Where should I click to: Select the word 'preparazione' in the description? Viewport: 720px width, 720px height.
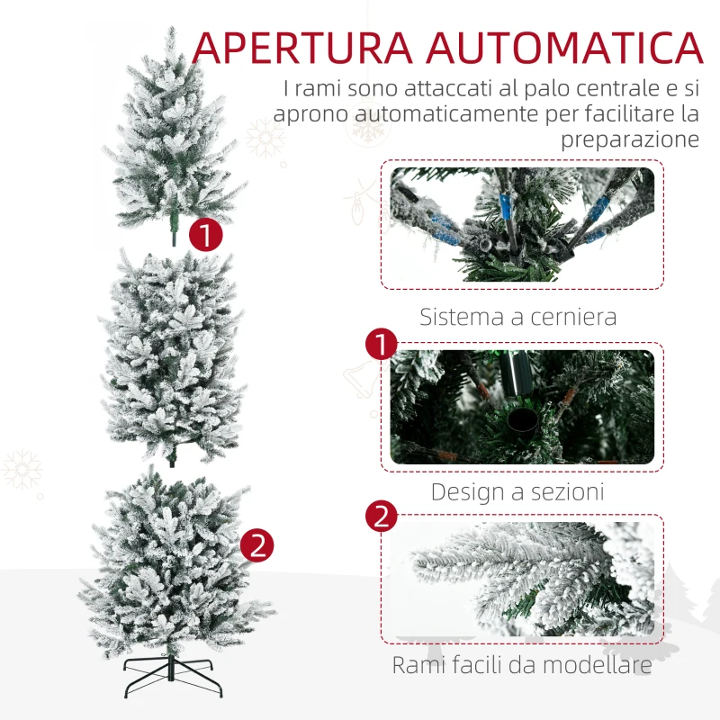(x=630, y=139)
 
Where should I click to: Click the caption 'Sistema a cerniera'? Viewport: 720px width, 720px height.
(x=518, y=317)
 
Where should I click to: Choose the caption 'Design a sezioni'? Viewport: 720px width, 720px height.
(x=517, y=491)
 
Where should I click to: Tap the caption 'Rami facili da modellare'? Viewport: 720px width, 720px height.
(x=521, y=666)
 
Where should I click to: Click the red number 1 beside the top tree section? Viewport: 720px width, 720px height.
(x=206, y=236)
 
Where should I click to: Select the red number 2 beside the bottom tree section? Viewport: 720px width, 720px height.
(x=256, y=545)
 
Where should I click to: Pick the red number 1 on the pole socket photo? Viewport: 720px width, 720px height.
(x=382, y=346)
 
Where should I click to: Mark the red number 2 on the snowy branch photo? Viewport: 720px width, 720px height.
(x=382, y=517)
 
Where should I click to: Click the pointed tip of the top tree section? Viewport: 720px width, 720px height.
(x=170, y=31)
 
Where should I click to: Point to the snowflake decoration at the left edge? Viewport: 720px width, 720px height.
(x=22, y=470)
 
